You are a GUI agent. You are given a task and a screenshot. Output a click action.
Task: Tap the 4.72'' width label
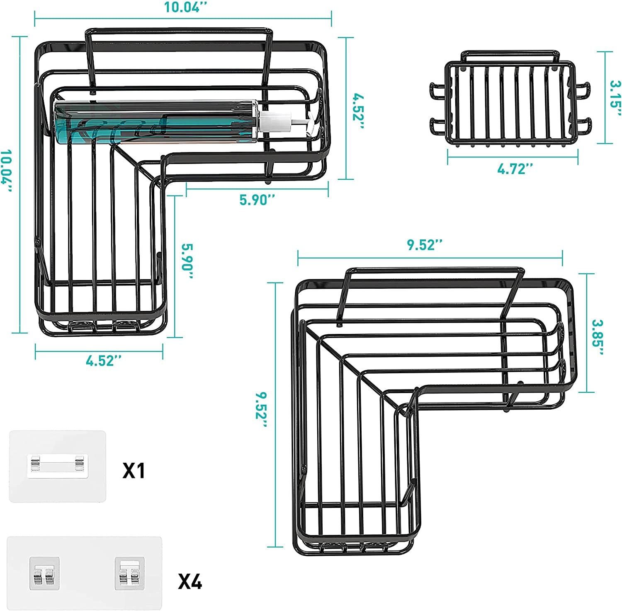click(x=515, y=169)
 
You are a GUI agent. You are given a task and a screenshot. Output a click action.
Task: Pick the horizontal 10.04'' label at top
click(x=183, y=7)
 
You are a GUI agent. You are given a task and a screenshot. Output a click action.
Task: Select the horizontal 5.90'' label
click(x=257, y=200)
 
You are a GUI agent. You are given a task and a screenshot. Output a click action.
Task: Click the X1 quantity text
click(x=134, y=471)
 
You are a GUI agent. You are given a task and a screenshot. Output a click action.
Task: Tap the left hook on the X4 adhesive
click(x=44, y=573)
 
